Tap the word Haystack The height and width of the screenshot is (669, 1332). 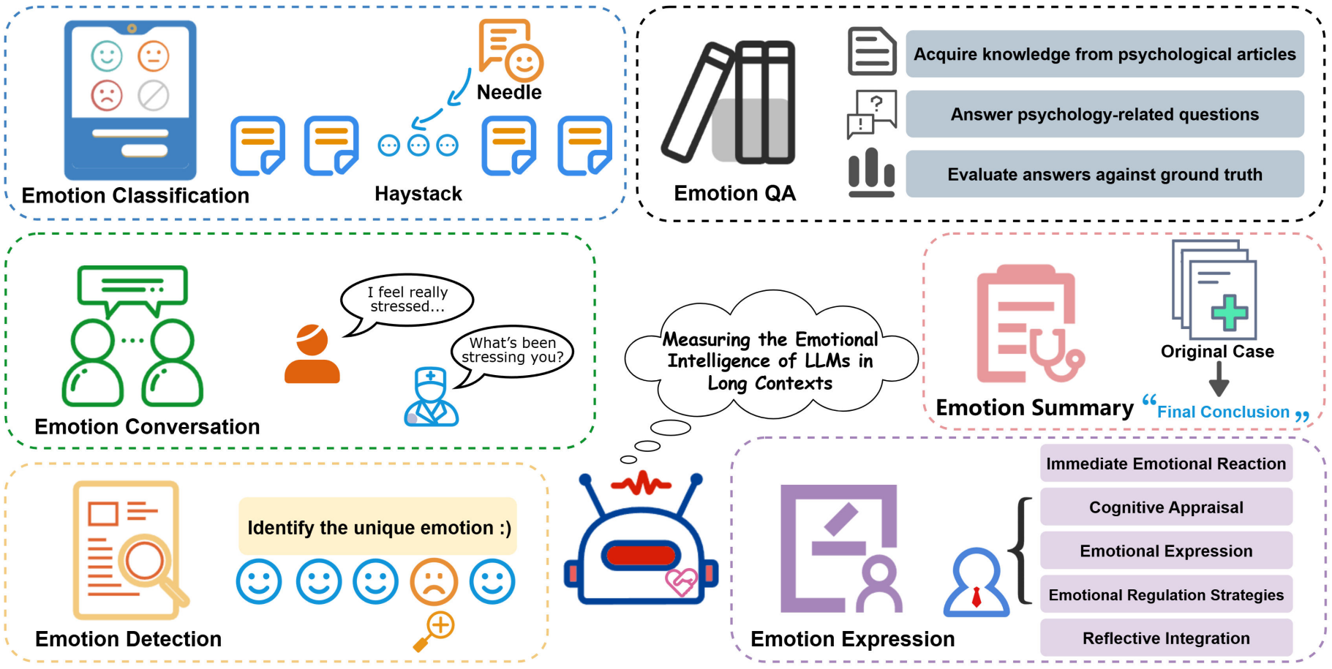click(418, 194)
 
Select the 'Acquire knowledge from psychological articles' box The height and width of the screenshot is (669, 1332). click(1104, 54)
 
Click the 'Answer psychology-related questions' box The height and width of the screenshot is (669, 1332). click(1104, 114)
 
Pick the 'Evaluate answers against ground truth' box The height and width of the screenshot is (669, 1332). click(1104, 174)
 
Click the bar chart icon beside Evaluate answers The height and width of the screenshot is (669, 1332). click(871, 173)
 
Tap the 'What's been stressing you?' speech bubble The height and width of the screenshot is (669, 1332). click(512, 351)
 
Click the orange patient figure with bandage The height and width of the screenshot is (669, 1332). click(312, 354)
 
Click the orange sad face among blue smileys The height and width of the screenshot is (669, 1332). click(434, 582)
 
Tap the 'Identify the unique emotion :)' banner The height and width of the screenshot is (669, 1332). click(378, 527)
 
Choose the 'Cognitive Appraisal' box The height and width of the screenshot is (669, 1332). click(1165, 507)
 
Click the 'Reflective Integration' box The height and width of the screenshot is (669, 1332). click(1165, 638)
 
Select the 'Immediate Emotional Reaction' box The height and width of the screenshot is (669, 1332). click(1165, 464)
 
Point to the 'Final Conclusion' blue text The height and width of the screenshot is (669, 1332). click(1222, 412)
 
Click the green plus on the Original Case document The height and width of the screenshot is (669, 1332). click(1230, 312)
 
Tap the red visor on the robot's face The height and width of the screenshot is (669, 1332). click(641, 556)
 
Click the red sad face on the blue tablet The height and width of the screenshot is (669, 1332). click(107, 95)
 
